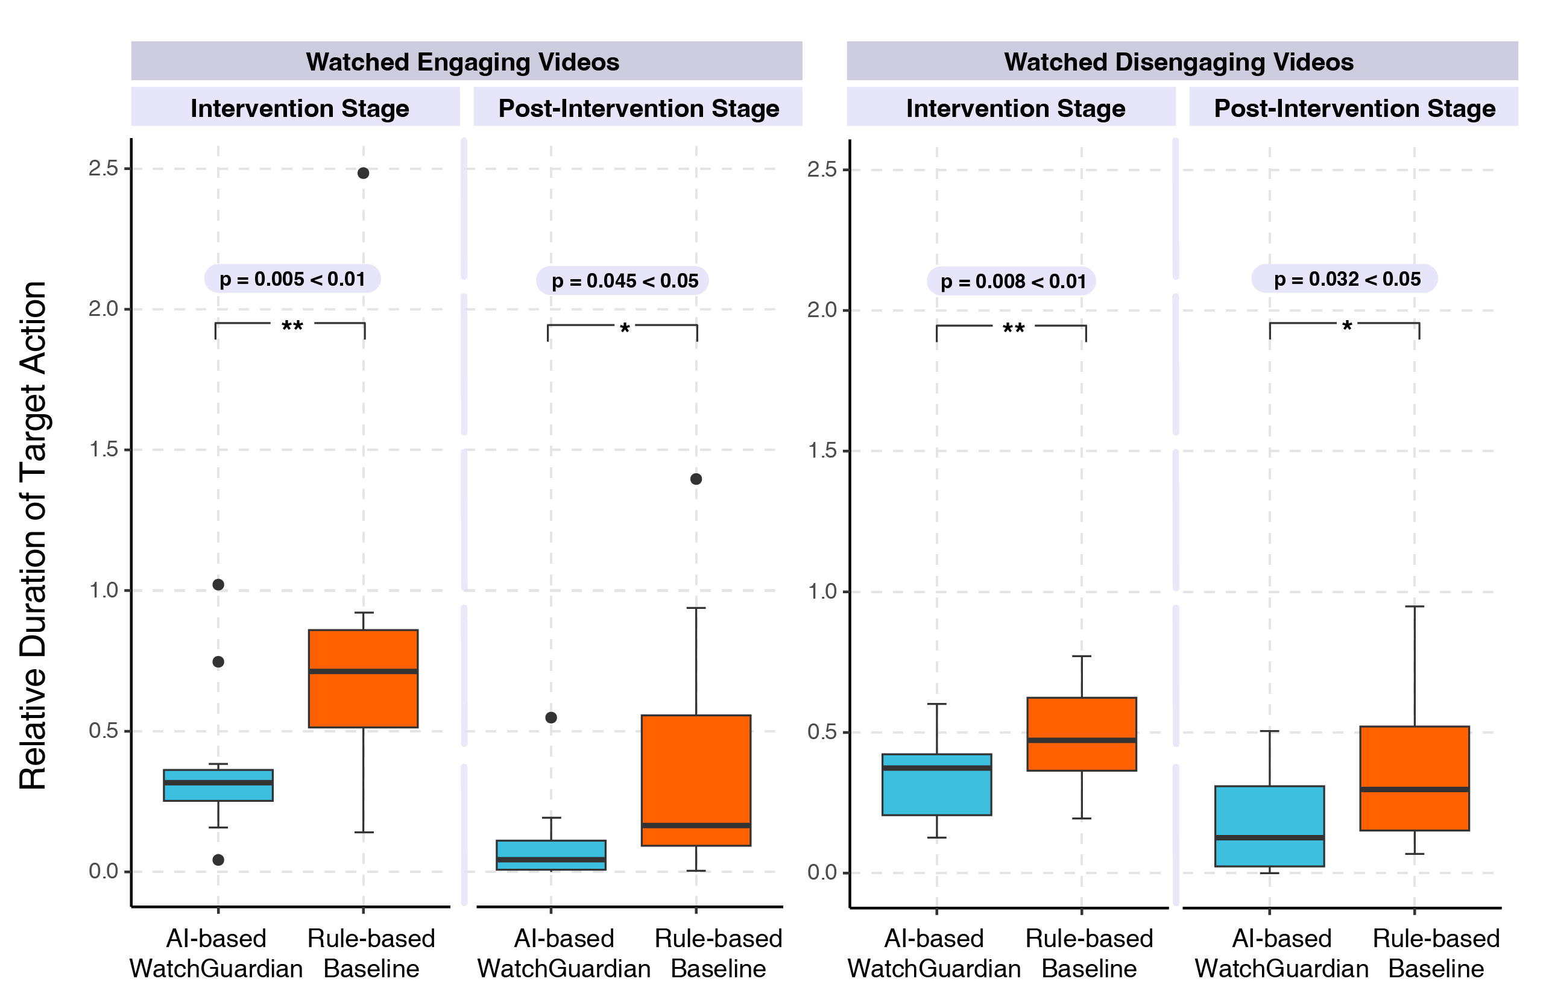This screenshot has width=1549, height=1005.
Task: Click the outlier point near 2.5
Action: point(363,173)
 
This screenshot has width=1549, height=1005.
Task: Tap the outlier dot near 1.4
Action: point(696,479)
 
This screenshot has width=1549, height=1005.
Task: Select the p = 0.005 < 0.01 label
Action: point(292,279)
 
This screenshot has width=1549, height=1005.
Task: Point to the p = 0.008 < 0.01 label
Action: point(1012,282)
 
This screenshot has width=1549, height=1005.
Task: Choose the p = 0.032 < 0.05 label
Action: point(1345,279)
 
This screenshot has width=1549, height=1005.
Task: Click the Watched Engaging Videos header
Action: point(462,62)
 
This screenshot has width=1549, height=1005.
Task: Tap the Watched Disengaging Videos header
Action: point(1178,62)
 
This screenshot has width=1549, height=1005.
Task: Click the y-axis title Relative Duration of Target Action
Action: point(33,535)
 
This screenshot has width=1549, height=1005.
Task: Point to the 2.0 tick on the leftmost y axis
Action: point(104,309)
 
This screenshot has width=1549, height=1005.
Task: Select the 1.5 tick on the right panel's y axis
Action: point(822,450)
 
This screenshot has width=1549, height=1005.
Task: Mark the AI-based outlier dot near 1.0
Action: point(219,585)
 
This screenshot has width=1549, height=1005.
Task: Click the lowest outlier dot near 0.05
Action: point(219,860)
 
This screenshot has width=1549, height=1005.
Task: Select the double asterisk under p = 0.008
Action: point(1014,329)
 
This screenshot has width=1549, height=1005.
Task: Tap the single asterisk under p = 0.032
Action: point(1346,326)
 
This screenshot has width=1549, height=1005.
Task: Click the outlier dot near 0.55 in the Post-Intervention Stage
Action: point(551,717)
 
